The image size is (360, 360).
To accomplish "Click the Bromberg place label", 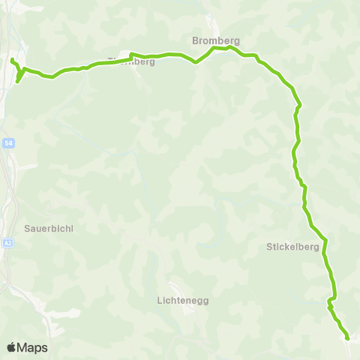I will (214, 40).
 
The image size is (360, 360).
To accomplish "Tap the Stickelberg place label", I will (294, 246).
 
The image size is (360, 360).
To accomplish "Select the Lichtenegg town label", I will (183, 300).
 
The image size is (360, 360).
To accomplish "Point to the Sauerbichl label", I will (48, 228).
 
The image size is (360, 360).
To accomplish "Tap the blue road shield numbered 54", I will (8, 142).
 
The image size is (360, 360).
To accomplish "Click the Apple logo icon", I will (11, 347).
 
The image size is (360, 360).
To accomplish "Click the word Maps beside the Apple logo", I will (33, 347).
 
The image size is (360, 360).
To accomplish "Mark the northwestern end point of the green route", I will (13, 59).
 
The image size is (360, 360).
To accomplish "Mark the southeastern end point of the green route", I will (348, 338).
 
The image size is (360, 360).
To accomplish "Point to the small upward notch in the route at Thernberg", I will (131, 54).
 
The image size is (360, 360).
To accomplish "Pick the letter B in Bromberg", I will (195, 40).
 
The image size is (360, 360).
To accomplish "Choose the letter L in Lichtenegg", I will (160, 300).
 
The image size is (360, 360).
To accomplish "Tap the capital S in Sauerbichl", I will (27, 228).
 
